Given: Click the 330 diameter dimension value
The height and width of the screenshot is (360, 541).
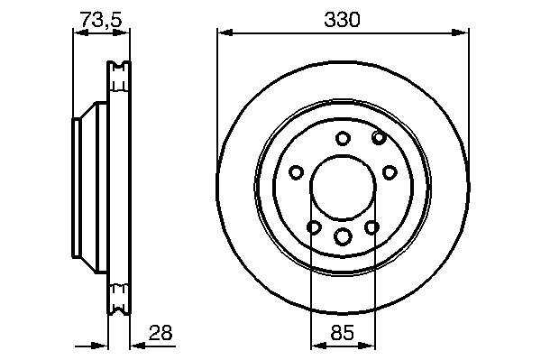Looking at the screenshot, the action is click(342, 20).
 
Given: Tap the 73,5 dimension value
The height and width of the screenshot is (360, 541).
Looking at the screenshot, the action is click(101, 19).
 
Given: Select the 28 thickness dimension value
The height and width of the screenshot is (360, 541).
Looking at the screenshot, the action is click(160, 333).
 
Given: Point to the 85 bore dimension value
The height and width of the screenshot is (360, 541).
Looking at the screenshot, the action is click(343, 333).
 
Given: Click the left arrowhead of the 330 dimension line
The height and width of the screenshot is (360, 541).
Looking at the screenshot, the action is click(225, 32).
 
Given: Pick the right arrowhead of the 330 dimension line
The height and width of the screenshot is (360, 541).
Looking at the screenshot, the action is click(460, 32).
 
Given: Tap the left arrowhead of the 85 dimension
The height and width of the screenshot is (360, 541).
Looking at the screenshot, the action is click(319, 346).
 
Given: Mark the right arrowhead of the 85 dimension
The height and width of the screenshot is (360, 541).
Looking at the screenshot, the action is click(367, 346).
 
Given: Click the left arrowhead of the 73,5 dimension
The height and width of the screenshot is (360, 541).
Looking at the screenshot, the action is click(81, 32).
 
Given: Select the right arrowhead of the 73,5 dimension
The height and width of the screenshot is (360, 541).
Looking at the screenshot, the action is click(122, 32).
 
